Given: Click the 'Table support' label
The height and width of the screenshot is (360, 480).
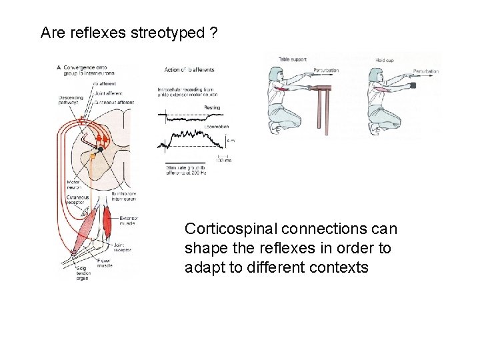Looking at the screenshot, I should point(293,59).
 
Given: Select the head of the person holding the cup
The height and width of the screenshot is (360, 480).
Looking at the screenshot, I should point(377,75).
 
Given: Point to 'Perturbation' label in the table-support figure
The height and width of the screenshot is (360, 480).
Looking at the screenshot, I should point(325,71).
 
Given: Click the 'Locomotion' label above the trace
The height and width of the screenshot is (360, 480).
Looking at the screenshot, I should point(217,126).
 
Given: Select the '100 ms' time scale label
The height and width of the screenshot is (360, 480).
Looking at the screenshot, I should point(223,160).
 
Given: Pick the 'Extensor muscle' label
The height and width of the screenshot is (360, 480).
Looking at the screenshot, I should point(129,221).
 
